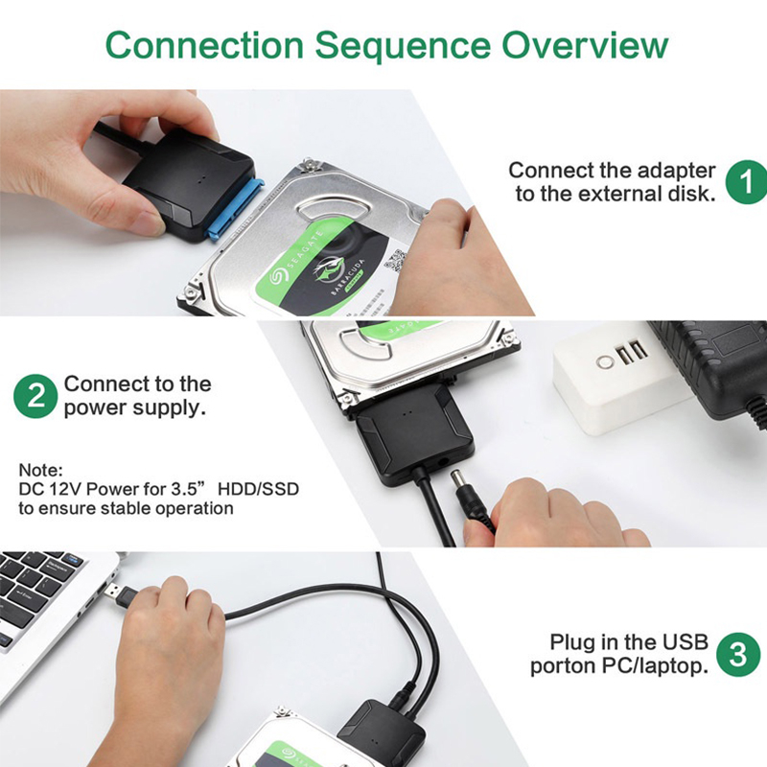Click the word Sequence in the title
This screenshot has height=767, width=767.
click(x=403, y=45)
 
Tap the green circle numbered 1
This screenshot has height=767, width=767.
click(x=746, y=182)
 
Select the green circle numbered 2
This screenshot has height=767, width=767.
click(x=35, y=396)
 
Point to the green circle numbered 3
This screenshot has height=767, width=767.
click(x=738, y=655)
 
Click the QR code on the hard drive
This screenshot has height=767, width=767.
click(x=395, y=260)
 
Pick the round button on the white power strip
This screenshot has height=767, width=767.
click(x=605, y=362)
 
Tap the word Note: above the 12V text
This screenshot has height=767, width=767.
click(x=40, y=470)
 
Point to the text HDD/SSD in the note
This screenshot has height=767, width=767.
click(x=258, y=489)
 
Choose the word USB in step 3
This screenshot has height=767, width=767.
click(x=685, y=641)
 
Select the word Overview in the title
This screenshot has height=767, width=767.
click(x=585, y=45)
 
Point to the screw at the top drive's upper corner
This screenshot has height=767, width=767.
click(x=308, y=165)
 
